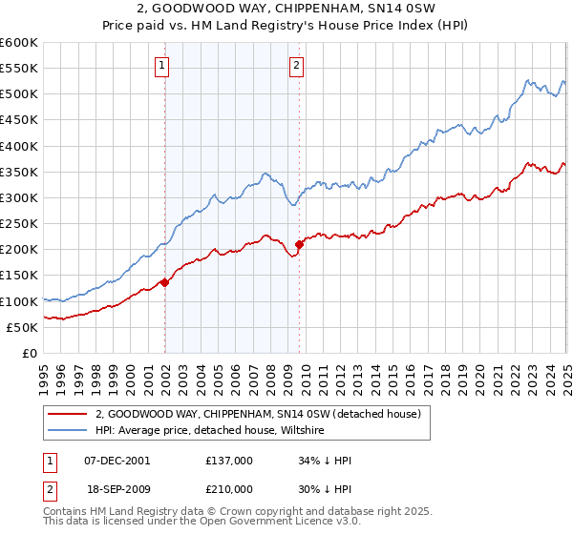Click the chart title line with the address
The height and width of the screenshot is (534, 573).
(286, 9)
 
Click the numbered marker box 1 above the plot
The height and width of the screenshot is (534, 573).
(162, 66)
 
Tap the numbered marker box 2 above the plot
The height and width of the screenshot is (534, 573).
(297, 66)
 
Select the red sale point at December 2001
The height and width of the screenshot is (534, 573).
(164, 282)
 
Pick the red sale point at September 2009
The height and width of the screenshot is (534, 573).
(299, 244)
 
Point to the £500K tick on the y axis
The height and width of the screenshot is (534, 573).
(19, 94)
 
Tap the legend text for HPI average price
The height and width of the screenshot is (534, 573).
(210, 431)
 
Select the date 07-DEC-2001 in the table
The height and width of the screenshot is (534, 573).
(117, 460)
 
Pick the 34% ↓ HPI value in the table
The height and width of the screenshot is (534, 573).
(325, 460)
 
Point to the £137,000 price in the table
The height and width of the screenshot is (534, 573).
(229, 460)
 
